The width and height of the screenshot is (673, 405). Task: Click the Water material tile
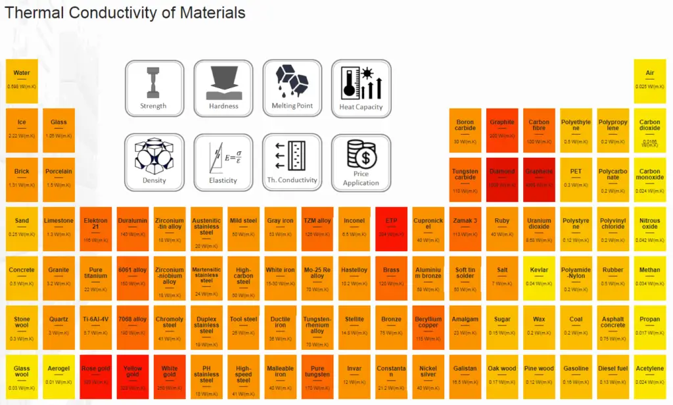click(22, 81)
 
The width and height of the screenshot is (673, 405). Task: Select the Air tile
click(650, 81)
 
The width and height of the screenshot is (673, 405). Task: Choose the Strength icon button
click(153, 89)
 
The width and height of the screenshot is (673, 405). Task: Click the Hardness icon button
click(223, 89)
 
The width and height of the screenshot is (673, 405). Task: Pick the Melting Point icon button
click(292, 89)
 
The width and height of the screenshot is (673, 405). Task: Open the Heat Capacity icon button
click(361, 89)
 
